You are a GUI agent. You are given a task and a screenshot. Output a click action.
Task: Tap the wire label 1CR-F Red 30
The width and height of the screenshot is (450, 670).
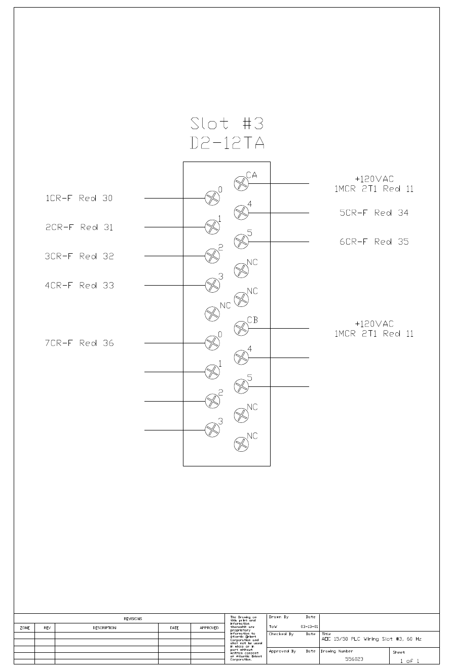click(x=80, y=199)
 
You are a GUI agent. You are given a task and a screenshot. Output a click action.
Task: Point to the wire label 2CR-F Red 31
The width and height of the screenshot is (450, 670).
click(x=80, y=227)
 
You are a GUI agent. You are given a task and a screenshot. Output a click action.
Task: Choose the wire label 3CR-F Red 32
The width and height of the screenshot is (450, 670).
click(x=80, y=256)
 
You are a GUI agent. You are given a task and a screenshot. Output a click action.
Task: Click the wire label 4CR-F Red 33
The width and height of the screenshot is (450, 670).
click(x=80, y=285)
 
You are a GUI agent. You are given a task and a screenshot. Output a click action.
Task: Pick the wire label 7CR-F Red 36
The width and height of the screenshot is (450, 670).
click(x=80, y=343)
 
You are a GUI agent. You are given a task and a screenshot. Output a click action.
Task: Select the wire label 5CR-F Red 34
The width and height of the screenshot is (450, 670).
click(x=374, y=213)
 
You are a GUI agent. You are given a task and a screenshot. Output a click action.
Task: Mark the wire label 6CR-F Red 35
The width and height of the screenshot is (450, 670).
click(x=374, y=242)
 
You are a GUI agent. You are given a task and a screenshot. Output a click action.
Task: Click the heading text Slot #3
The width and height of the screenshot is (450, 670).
click(x=227, y=123)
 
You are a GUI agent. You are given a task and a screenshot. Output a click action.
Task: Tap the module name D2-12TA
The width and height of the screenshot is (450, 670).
click(x=227, y=143)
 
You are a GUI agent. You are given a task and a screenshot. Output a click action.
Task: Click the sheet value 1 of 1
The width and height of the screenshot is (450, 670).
click(x=409, y=661)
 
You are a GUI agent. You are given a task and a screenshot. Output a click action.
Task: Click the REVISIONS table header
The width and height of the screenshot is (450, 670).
click(x=133, y=619)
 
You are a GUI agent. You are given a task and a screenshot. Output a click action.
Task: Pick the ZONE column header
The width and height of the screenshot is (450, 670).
click(x=25, y=628)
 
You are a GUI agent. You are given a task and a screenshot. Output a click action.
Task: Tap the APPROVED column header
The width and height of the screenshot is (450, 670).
click(x=209, y=628)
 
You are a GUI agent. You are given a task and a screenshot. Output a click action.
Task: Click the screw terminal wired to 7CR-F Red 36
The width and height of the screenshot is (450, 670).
click(x=212, y=343)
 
